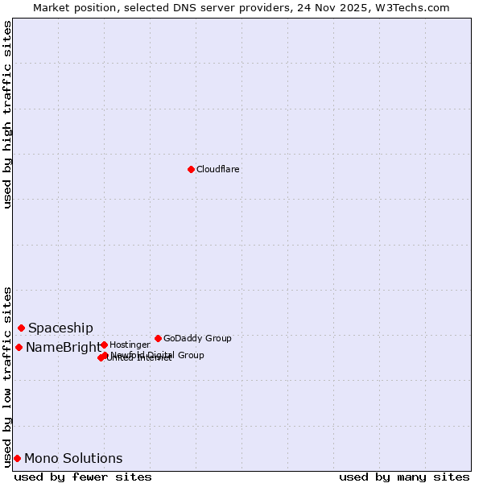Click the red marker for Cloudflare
pyautogui.click(x=191, y=169)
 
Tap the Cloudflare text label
pyautogui.click(x=217, y=169)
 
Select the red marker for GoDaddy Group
pyautogui.click(x=158, y=338)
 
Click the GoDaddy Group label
pyautogui.click(x=197, y=338)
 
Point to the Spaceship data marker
pyautogui.click(x=21, y=328)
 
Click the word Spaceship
pyautogui.click(x=60, y=328)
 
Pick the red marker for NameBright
pyautogui.click(x=19, y=347)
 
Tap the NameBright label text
pyautogui.click(x=64, y=348)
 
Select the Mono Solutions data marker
pyautogui.click(x=17, y=458)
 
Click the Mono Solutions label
pyautogui.click(x=73, y=458)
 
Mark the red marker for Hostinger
pyautogui.click(x=104, y=345)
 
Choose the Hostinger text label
pyautogui.click(x=130, y=345)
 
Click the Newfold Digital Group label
pyautogui.click(x=158, y=354)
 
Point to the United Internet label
pyautogui.click(x=138, y=358)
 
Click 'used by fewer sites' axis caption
pyautogui.click(x=83, y=477)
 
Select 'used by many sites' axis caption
pyautogui.click(x=404, y=477)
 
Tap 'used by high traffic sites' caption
pyautogui.click(x=8, y=114)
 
